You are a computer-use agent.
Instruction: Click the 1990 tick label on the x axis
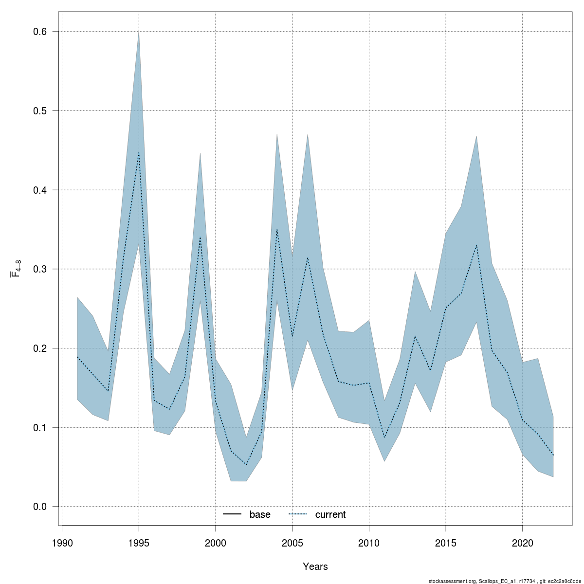(62, 543)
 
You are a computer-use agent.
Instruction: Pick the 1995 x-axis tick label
(139, 543)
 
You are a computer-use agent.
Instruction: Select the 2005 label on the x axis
(292, 543)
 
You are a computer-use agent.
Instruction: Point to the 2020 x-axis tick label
(522, 543)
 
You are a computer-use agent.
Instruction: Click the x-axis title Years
(315, 566)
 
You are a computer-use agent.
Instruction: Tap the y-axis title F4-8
(16, 268)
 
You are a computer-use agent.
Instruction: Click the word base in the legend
(260, 514)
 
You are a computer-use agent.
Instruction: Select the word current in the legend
(330, 514)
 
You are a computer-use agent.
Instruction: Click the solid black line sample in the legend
(233, 514)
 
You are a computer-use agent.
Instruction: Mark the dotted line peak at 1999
(200, 237)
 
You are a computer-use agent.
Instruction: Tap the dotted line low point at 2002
(246, 465)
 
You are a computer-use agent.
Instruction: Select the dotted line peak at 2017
(476, 245)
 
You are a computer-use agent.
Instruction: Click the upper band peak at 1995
(139, 32)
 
